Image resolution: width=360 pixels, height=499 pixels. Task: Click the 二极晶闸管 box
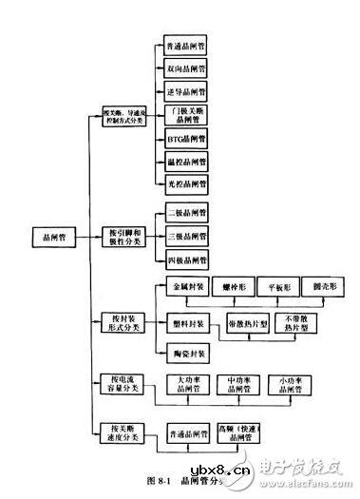(x=186, y=212)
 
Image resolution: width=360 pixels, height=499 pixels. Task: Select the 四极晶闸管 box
(x=186, y=259)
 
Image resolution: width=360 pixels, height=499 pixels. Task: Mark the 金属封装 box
(x=186, y=285)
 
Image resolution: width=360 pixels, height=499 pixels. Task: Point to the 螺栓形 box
(x=237, y=285)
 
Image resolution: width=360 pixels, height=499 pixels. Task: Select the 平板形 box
(x=283, y=285)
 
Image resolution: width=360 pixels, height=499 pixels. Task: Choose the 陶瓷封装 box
(x=186, y=354)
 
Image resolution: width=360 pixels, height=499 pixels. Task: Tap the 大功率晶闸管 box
(x=187, y=384)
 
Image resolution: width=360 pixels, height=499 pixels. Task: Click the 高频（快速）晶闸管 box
(x=238, y=432)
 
